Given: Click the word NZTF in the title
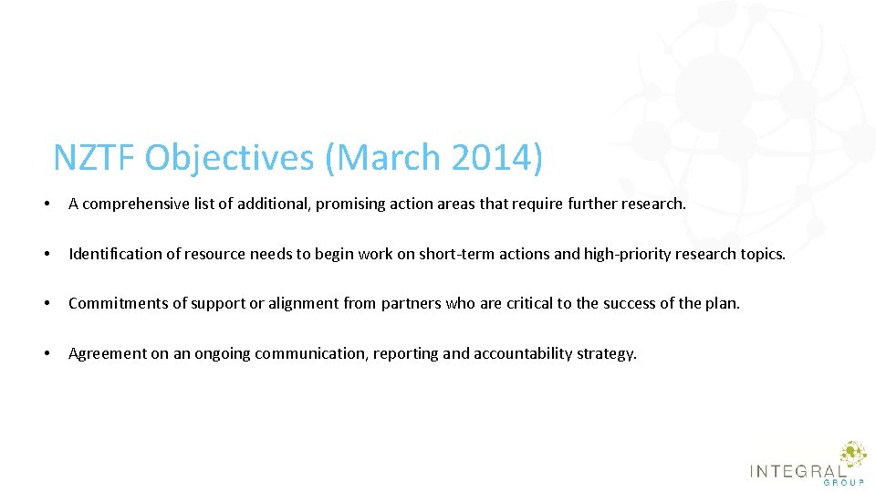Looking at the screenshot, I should click(x=94, y=158).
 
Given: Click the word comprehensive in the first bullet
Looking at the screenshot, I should click(x=136, y=205).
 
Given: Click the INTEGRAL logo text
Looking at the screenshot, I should click(x=797, y=471).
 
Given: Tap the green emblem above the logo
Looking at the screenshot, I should click(x=852, y=453).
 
